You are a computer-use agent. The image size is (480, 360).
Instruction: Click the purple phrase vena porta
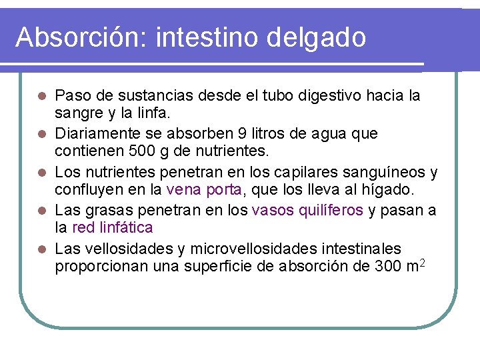205,190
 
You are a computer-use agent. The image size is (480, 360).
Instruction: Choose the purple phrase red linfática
113,228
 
